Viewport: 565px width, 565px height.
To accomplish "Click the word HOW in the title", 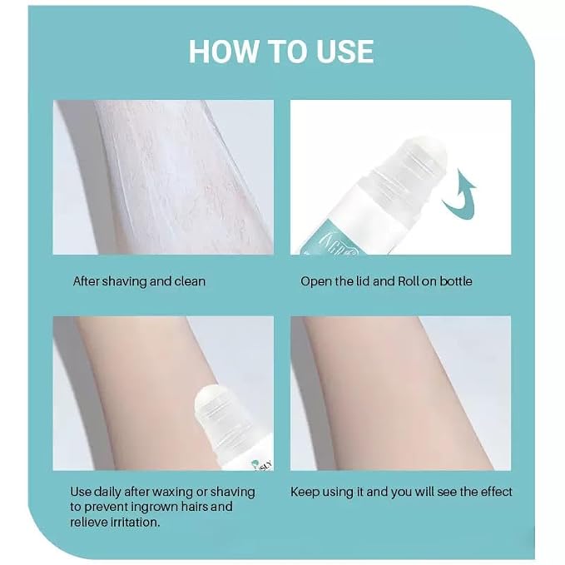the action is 222,52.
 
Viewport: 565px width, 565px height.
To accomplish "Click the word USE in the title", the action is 344,52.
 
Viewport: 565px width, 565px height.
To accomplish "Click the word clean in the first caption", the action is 190,281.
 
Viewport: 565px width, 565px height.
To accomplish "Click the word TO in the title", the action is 285,52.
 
